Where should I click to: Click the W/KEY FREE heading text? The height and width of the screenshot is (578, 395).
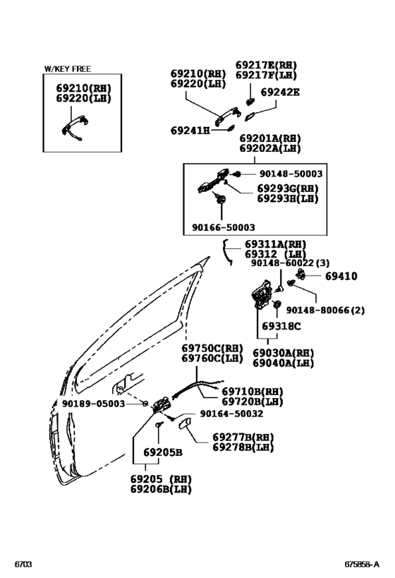(x=68, y=69)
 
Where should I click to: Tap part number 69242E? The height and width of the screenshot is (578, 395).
(x=280, y=92)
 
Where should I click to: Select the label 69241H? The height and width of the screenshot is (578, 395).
(x=190, y=131)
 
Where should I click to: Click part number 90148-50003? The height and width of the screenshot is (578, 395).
(x=291, y=174)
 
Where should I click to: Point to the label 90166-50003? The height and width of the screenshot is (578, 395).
(x=224, y=227)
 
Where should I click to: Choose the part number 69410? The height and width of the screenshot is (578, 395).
(x=341, y=276)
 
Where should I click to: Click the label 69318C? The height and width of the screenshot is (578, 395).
(x=281, y=326)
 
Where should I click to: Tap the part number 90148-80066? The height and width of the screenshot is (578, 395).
(x=317, y=310)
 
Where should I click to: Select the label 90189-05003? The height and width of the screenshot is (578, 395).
(x=93, y=404)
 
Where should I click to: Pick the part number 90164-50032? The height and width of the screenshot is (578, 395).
(x=231, y=414)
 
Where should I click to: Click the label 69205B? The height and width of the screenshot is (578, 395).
(x=162, y=452)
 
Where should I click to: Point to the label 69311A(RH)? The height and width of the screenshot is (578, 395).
(x=275, y=244)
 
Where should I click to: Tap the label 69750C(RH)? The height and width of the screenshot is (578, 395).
(x=212, y=349)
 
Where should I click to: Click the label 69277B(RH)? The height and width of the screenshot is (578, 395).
(x=243, y=438)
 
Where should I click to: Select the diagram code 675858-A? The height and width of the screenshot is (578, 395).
(x=362, y=565)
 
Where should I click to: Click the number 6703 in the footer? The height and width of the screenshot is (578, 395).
(x=23, y=565)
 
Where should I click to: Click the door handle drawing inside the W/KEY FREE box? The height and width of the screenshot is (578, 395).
(x=75, y=128)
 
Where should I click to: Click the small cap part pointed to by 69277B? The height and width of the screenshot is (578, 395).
(x=184, y=424)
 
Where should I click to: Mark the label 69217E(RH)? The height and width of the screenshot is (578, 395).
(x=266, y=65)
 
